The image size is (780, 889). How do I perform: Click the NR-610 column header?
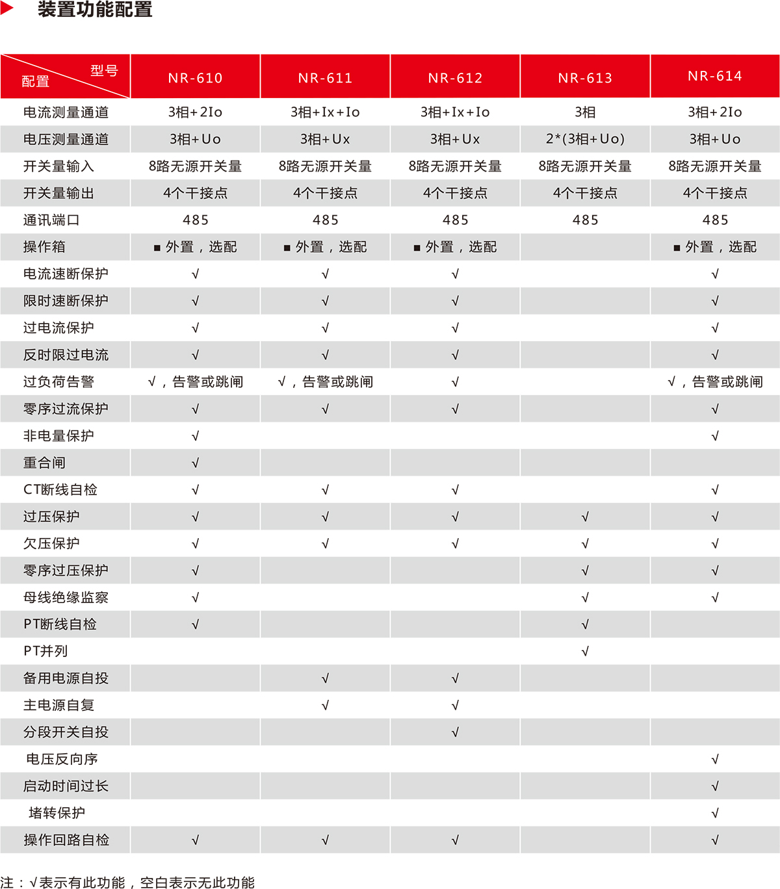coord(195,78)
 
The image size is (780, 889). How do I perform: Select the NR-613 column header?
coord(585,78)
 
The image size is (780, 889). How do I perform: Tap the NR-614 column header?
coord(715,76)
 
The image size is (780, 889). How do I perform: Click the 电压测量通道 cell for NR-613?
coord(585,139)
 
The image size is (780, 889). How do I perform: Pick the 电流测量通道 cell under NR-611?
coord(325,112)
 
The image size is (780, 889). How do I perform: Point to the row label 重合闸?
coord(44,463)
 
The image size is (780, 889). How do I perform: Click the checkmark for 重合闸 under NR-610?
coord(195,463)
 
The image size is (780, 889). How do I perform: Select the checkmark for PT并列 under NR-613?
coord(585,651)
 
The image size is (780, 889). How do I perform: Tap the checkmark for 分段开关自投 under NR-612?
coord(455,732)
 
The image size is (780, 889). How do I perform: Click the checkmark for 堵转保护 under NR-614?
coord(715,813)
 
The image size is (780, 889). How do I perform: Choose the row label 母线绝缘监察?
coord(66,597)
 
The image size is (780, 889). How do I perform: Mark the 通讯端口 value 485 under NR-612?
coord(455,220)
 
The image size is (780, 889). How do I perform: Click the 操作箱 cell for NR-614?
coord(715,247)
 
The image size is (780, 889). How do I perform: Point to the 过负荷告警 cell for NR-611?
coord(325,382)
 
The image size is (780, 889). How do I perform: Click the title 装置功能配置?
coord(95,10)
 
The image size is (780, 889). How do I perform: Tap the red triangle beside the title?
coord(7,8)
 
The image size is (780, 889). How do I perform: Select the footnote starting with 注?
coord(127,882)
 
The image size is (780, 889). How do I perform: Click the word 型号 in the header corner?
coord(104,70)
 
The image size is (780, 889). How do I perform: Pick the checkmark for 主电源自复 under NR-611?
coord(325,705)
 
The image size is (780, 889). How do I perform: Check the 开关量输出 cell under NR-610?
coord(195,193)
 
